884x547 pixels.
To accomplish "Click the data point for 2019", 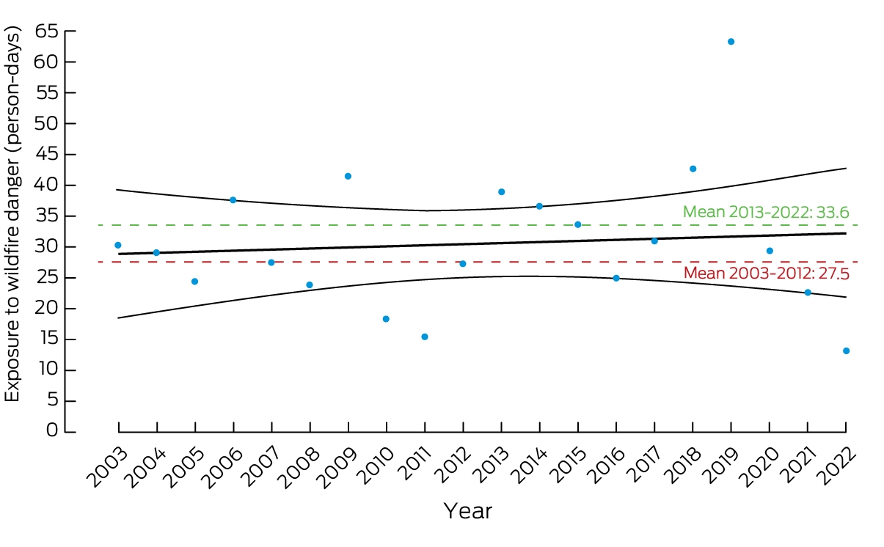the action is pyautogui.click(x=731, y=42).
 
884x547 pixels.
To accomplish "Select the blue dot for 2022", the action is pyautogui.click(x=846, y=351).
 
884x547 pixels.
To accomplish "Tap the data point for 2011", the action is pyautogui.click(x=425, y=337).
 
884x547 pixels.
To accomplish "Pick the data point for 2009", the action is pyautogui.click(x=348, y=176).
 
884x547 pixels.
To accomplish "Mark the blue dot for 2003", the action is pyautogui.click(x=117, y=246).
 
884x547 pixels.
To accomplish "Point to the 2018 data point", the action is pyautogui.click(x=693, y=169).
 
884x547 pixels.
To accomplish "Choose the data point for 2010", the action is pyautogui.click(x=386, y=319).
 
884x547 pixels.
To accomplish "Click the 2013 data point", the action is pyautogui.click(x=502, y=192).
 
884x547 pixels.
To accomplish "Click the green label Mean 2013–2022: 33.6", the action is pyautogui.click(x=766, y=212).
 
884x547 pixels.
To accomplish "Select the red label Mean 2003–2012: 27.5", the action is pyautogui.click(x=767, y=273).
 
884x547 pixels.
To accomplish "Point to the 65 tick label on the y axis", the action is pyautogui.click(x=46, y=31).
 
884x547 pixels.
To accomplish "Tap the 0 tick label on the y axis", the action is pyautogui.click(x=51, y=430).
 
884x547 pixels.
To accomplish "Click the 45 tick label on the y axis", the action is pyautogui.click(x=46, y=154).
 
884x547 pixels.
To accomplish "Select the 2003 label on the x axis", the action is pyautogui.click(x=107, y=467).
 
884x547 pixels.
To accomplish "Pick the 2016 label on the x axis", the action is pyautogui.click(x=605, y=467).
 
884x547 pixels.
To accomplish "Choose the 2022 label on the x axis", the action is pyautogui.click(x=836, y=467).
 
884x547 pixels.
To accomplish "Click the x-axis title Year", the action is pyautogui.click(x=468, y=511).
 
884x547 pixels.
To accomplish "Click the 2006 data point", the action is pyautogui.click(x=233, y=200).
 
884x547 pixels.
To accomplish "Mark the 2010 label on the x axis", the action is pyautogui.click(x=376, y=467).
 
